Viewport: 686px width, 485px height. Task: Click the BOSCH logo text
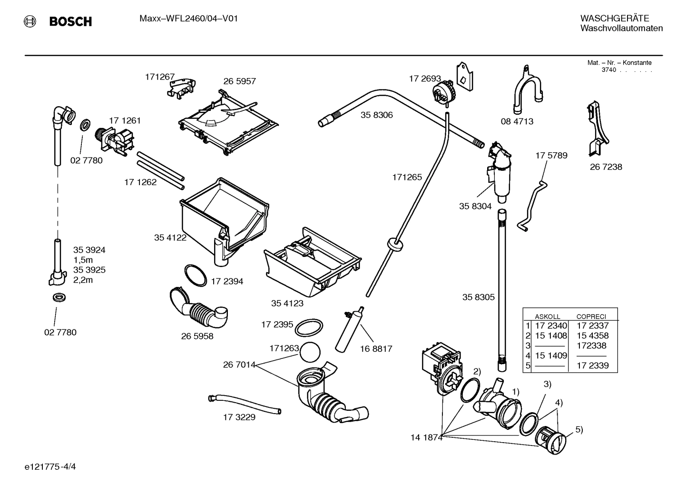coord(70,21)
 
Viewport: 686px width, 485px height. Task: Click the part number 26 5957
coord(239,81)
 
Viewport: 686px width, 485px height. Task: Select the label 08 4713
coord(517,121)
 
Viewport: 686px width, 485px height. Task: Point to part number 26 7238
coord(606,167)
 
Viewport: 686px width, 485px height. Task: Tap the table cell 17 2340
coord(551,326)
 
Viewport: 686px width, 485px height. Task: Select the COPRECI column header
coord(591,317)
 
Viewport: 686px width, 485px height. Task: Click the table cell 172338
coord(591,346)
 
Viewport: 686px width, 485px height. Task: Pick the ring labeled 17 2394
coord(196,275)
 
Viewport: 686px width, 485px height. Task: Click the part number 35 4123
coord(287,303)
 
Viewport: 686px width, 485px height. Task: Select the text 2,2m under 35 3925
coord(83,280)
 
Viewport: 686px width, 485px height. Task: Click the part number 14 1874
coord(426,437)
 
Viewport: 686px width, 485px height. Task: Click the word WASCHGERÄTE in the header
coord(614,18)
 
